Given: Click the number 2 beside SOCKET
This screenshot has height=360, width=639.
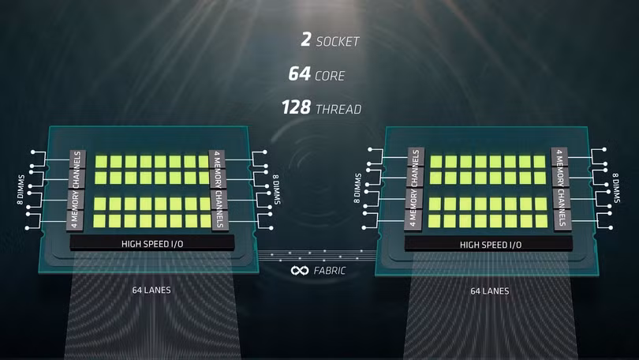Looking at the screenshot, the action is click(306, 39).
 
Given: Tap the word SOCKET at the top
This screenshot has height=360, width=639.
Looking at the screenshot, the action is click(338, 42).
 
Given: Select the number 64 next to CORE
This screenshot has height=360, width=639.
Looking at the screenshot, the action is click(300, 73).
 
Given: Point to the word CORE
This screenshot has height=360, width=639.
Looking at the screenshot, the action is click(330, 76).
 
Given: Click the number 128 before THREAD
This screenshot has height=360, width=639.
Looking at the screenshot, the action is click(297, 107).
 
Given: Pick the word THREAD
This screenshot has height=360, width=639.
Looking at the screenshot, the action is click(338, 109).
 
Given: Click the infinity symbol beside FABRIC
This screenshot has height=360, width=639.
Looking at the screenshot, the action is click(300, 270).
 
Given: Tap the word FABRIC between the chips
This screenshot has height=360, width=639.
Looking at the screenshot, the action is click(329, 271).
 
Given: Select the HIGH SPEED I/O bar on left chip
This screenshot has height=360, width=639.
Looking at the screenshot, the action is click(152, 243).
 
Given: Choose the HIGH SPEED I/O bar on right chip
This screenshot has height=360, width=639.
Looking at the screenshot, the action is click(488, 244).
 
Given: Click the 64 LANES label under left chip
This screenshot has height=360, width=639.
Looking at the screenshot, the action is click(151, 291).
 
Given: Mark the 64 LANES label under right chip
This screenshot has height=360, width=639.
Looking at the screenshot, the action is click(489, 291).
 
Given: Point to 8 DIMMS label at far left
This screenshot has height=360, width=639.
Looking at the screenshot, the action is click(21, 190).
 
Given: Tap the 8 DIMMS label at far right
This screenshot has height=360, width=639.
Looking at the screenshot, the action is click(616, 188).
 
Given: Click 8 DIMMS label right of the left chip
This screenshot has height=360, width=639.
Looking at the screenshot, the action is click(276, 189).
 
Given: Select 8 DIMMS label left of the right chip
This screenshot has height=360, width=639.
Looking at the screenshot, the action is click(357, 189).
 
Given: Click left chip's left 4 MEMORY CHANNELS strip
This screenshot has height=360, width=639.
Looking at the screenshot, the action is click(77, 190).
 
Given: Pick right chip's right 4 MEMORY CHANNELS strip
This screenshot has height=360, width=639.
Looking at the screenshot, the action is click(561, 189).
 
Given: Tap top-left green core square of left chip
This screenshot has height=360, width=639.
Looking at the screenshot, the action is click(101, 162).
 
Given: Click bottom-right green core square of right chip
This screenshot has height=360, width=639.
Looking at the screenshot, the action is click(541, 221).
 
